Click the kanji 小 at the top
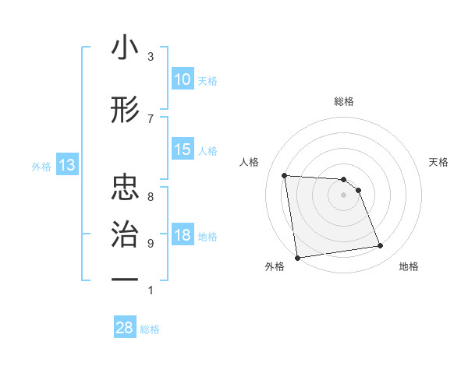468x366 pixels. (x=125, y=48)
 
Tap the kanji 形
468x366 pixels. (x=125, y=111)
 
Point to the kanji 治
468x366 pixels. (x=125, y=234)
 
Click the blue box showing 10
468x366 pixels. (x=183, y=79)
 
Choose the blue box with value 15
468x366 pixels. (x=183, y=150)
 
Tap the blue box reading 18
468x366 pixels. (x=183, y=236)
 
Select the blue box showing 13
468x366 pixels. (x=67, y=165)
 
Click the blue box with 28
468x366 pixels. (x=125, y=328)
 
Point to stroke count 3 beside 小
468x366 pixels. (x=151, y=56)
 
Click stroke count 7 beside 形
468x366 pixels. (x=151, y=118)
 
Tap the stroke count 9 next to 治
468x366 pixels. (x=151, y=243)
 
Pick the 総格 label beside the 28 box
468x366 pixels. (x=150, y=329)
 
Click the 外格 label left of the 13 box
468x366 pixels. (x=41, y=166)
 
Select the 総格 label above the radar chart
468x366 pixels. (x=344, y=101)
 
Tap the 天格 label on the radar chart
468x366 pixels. (x=439, y=162)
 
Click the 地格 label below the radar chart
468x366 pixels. (x=409, y=266)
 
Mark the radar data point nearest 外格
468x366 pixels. (x=297, y=257)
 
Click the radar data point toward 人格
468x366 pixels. (x=285, y=175)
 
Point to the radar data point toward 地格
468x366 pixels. (x=381, y=246)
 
